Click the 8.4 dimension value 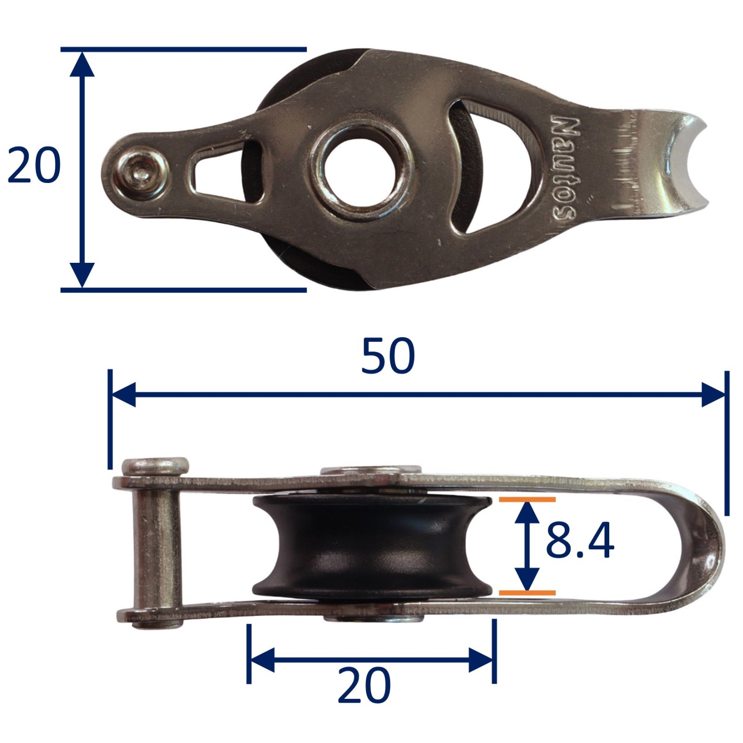[x=580, y=540]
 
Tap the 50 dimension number [x=388, y=356]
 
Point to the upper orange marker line [x=527, y=500]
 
